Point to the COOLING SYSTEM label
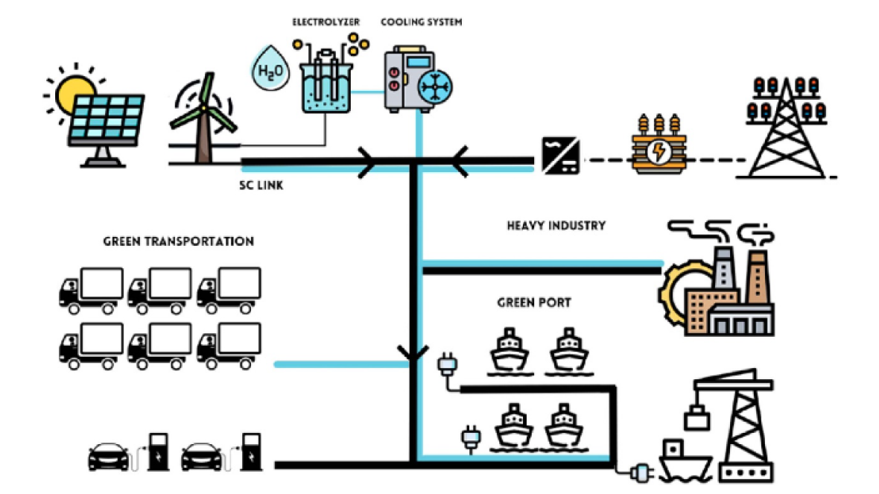[421, 22]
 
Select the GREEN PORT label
[534, 303]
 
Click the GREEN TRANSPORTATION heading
[178, 241]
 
